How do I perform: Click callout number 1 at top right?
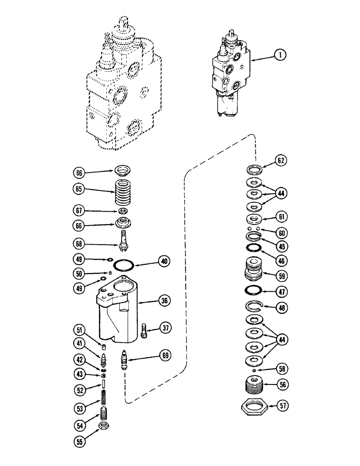click(x=280, y=55)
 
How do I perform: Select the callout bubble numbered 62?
click(x=281, y=161)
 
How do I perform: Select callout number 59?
click(x=281, y=275)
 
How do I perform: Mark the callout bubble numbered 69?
click(x=164, y=356)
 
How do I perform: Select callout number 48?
click(x=281, y=308)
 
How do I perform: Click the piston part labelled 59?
click(x=255, y=270)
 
